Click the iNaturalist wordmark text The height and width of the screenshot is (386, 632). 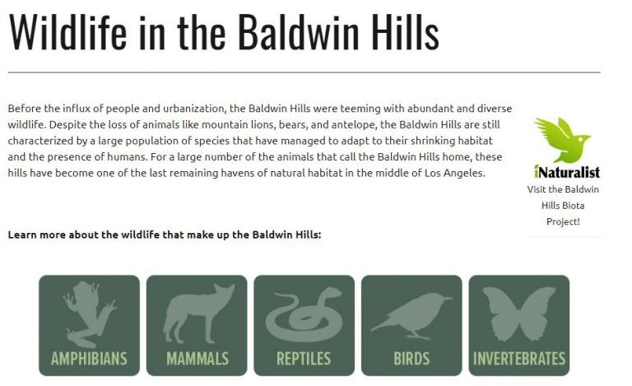click(x=566, y=172)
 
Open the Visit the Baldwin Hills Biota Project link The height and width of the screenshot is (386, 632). click(x=563, y=205)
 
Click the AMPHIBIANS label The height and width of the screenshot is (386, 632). click(x=89, y=359)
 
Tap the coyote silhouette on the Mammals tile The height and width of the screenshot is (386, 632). click(x=196, y=314)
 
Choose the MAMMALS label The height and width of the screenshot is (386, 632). click(x=197, y=359)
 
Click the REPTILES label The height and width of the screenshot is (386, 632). click(x=304, y=359)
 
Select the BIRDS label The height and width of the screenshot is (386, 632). click(x=411, y=359)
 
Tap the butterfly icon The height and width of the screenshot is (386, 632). click(x=518, y=314)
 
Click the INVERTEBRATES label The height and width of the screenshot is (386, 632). click(x=519, y=359)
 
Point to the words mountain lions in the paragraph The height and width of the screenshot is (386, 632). click(x=221, y=124)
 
